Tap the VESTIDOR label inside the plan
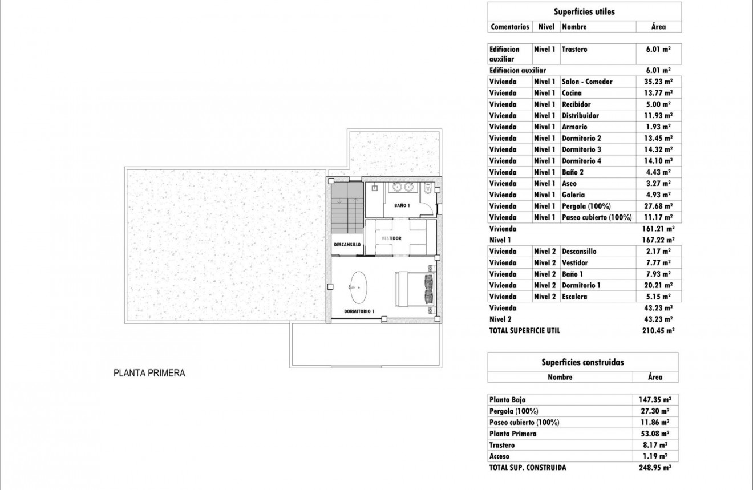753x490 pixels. [x=392, y=238]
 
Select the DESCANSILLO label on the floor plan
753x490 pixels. [x=347, y=244]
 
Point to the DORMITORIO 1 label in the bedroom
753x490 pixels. [x=359, y=311]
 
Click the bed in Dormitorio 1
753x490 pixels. [x=415, y=288]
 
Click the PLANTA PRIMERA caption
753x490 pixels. [x=149, y=374]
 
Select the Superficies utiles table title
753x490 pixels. [x=584, y=11]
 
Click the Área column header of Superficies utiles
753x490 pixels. [x=658, y=27]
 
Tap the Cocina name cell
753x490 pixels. [x=572, y=93]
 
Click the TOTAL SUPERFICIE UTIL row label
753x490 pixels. [x=524, y=331]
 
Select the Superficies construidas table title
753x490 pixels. [x=582, y=362]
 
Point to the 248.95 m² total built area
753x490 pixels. [x=654, y=468]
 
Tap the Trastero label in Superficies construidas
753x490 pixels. [x=502, y=445]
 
